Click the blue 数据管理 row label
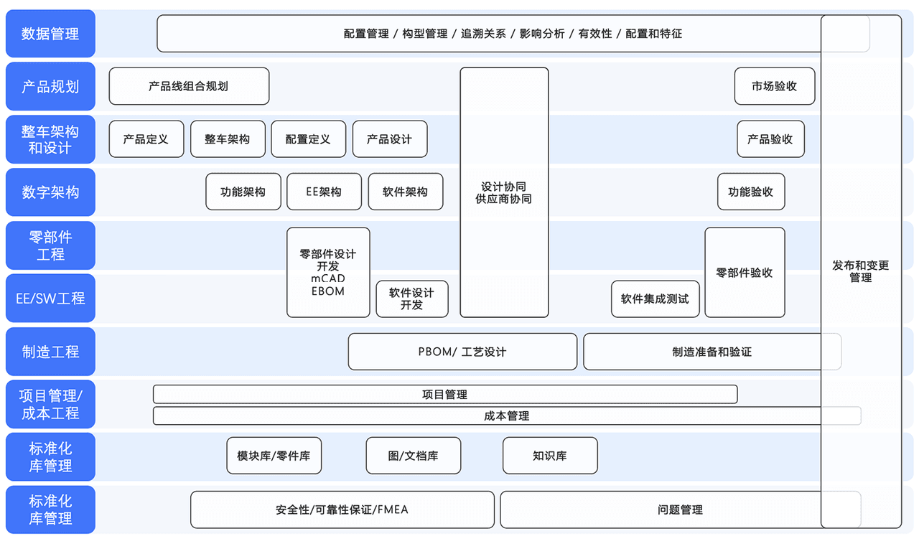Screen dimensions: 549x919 50,34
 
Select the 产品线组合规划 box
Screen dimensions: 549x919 189,86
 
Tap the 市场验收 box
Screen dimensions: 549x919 774,86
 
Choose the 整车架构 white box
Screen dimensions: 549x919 228,139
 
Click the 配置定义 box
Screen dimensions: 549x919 308,139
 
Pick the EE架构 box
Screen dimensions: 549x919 324,192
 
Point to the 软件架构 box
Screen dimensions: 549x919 405,192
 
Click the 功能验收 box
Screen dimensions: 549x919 750,192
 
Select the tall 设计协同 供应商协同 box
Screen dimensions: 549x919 504,192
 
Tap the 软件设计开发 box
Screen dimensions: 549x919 411,299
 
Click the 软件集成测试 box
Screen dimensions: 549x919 655,299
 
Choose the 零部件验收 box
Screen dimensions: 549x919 745,273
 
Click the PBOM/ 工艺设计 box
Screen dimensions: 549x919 462,352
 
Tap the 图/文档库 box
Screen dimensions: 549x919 414,456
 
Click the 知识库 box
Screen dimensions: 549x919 550,456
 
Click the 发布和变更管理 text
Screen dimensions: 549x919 861,271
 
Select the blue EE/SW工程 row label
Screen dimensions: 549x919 50,298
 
